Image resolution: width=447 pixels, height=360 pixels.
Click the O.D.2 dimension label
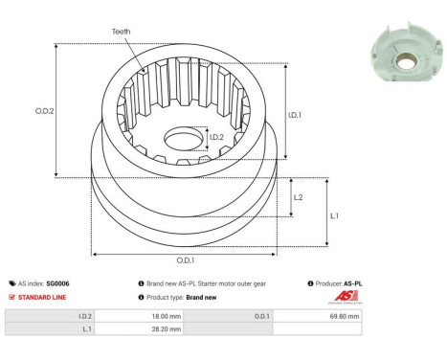[45, 110]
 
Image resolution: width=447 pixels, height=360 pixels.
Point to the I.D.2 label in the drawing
[216, 138]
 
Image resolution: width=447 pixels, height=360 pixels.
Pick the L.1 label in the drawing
[334, 215]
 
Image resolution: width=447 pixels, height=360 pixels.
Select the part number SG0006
[58, 284]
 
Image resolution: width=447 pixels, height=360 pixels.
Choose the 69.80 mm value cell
[346, 315]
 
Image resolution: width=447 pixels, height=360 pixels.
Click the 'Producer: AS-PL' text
[339, 284]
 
